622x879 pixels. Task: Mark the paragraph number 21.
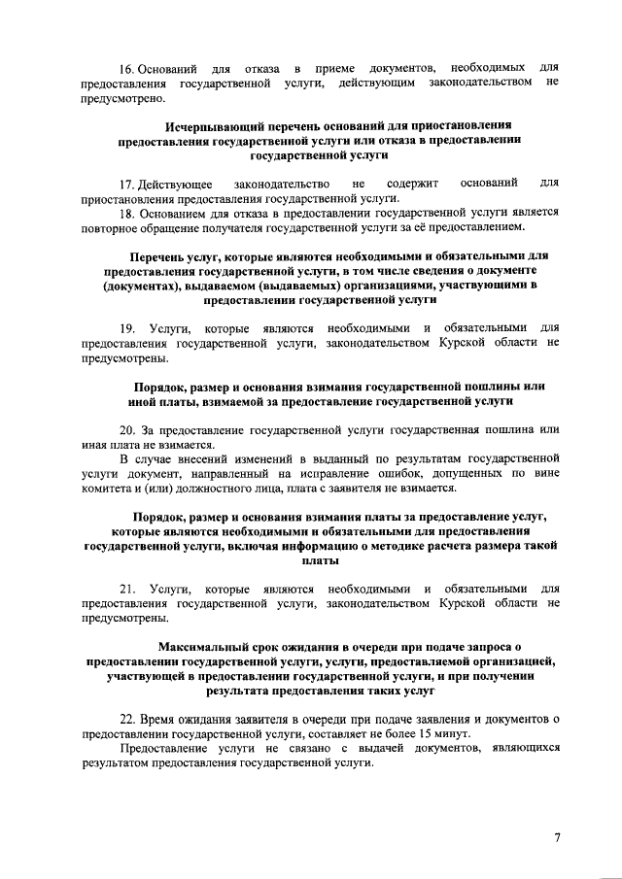click(x=127, y=589)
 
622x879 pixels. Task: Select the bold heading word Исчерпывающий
click(x=212, y=126)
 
